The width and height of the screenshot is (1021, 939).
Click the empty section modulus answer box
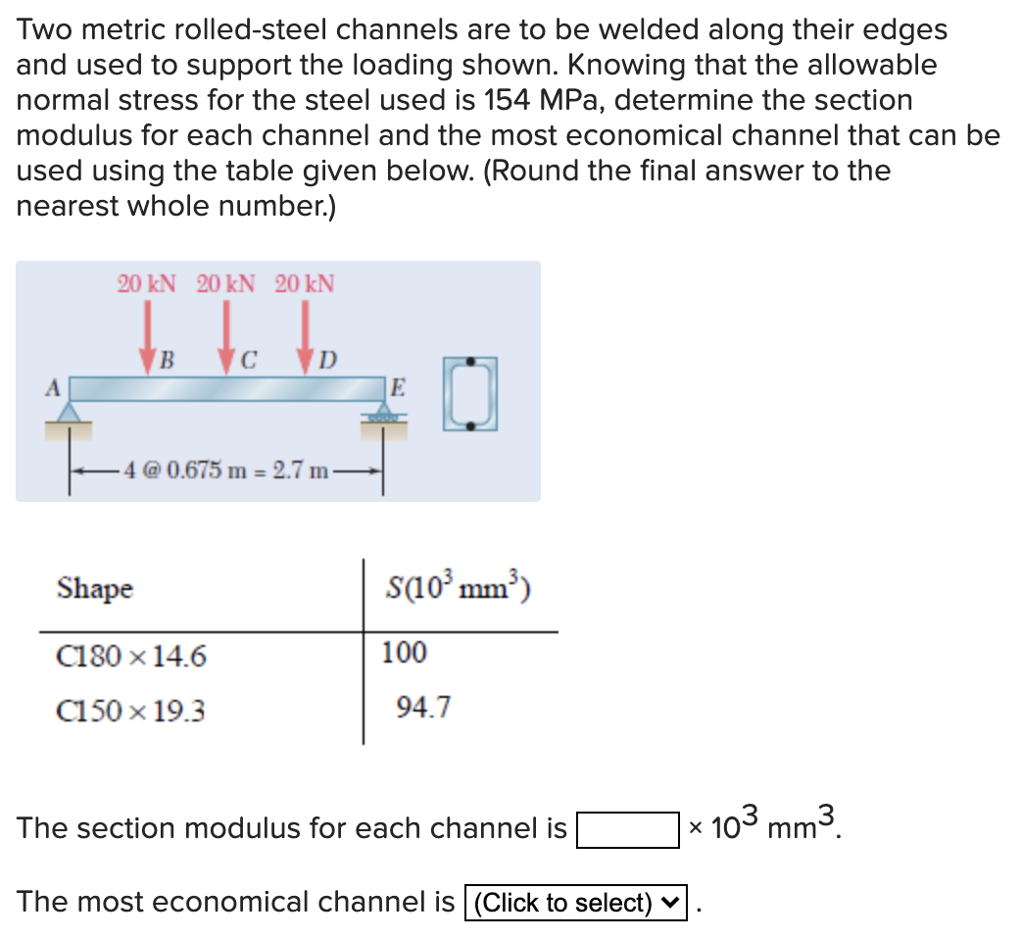628,829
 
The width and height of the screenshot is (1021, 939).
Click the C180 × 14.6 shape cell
131,656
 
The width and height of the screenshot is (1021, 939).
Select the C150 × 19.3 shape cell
131,711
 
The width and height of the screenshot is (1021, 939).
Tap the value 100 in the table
404,653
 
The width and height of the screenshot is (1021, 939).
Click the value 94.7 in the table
422,707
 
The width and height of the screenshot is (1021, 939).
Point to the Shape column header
95,589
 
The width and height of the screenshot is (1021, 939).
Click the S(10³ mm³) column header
460,589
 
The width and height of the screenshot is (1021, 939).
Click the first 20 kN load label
147,284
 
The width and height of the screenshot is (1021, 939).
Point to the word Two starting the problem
42,29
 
